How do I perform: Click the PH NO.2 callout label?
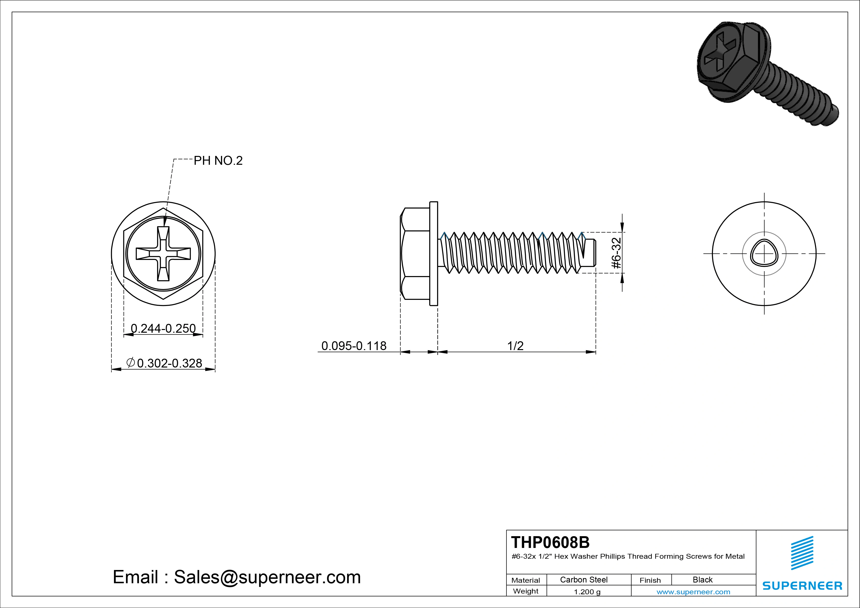[218, 161]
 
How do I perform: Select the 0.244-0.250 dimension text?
[163, 328]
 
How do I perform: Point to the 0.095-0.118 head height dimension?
[354, 345]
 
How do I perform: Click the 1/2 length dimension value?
[515, 345]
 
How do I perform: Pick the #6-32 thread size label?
[617, 253]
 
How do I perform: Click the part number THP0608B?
[550, 542]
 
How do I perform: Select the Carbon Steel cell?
[583, 580]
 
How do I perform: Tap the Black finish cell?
[702, 580]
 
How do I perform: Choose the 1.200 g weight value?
[587, 592]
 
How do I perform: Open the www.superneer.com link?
[693, 592]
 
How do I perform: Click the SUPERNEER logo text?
[802, 585]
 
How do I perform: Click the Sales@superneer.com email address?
[267, 577]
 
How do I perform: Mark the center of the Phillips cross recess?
[163, 253]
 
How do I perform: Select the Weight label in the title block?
[526, 591]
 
